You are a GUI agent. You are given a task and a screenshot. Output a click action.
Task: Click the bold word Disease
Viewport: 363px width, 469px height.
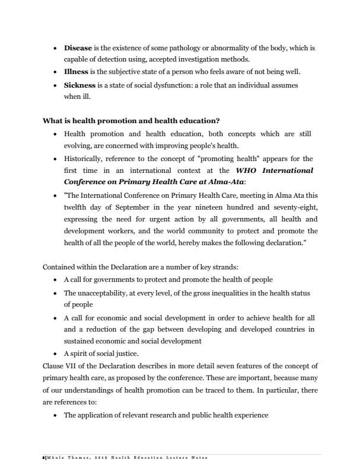tap(78, 47)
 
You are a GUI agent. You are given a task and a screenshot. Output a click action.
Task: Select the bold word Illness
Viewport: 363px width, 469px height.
tap(77, 72)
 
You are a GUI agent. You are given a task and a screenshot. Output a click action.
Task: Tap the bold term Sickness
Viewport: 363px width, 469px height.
tap(79, 85)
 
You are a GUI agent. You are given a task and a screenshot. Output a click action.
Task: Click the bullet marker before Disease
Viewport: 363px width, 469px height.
tap(55, 47)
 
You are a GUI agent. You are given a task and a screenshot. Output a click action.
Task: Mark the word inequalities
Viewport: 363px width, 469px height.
tap(238, 293)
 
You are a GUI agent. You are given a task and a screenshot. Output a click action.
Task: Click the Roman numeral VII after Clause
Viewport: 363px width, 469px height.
tap(70, 365)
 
